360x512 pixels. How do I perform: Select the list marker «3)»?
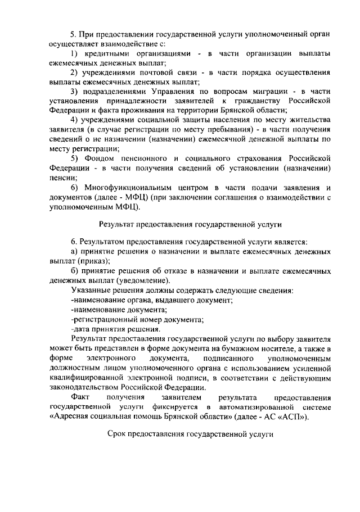[x=75, y=91]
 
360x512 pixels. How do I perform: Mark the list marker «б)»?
[x=75, y=271]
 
